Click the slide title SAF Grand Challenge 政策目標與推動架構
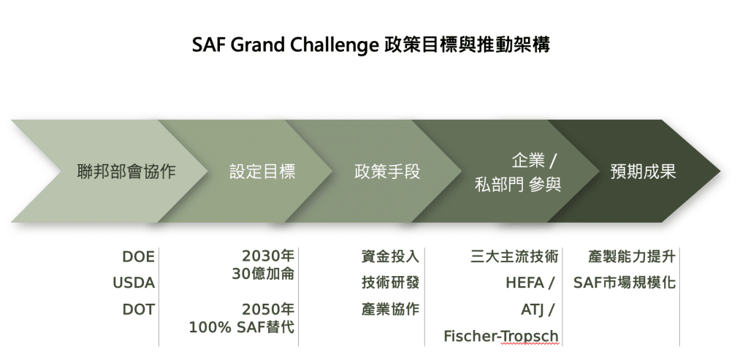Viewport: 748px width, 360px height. pyautogui.click(x=371, y=45)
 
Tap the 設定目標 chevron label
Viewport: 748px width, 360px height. pyautogui.click(x=262, y=172)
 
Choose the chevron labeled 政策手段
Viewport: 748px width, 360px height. pyautogui.click(x=387, y=172)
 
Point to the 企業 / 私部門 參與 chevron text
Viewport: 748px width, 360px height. pyautogui.click(x=518, y=172)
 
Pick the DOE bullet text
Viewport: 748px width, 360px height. pyautogui.click(x=139, y=257)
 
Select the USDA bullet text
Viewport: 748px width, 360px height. pyautogui.click(x=134, y=283)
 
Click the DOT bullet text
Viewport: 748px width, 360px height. pyautogui.click(x=139, y=310)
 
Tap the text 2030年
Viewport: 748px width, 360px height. pyautogui.click(x=268, y=256)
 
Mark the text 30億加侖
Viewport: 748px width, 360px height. pyautogui.click(x=263, y=274)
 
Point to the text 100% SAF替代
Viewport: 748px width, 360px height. pyautogui.click(x=242, y=328)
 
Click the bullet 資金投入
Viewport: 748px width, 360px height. pyautogui.click(x=390, y=256)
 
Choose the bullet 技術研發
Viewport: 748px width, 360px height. pyautogui.click(x=390, y=283)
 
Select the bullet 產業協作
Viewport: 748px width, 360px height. pyautogui.click(x=390, y=309)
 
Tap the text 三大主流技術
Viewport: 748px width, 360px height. pyautogui.click(x=514, y=256)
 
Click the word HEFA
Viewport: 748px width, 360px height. pyautogui.click(x=525, y=283)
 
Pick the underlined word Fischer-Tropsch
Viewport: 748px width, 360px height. pyautogui.click(x=501, y=336)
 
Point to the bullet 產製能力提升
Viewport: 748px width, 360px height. pyautogui.click(x=632, y=256)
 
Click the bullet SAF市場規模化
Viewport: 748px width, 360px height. pyautogui.click(x=625, y=283)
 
